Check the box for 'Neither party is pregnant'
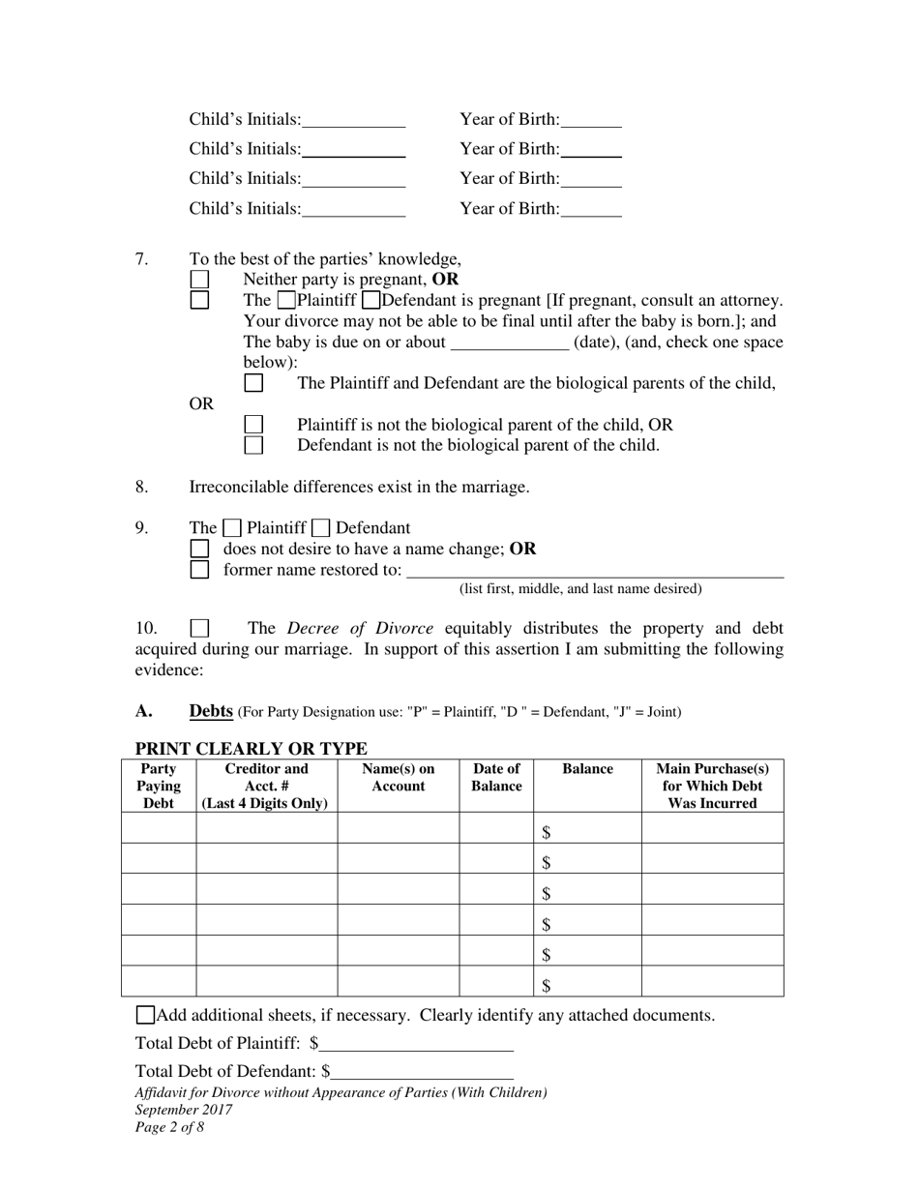click(x=199, y=280)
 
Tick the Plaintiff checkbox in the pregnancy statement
click(x=287, y=301)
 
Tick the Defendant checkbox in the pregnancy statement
click(x=370, y=301)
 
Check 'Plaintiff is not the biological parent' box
click(x=253, y=425)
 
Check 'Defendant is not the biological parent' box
click(x=253, y=445)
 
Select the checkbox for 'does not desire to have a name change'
click(x=199, y=549)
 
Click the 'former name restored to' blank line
click(x=595, y=570)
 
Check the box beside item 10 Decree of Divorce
click(x=199, y=628)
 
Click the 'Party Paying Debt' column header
click(x=159, y=786)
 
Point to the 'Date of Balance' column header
click(x=496, y=778)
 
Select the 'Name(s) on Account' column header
click(x=398, y=778)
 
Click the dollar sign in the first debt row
click(x=547, y=832)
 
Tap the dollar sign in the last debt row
click(x=547, y=986)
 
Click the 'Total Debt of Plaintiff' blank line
click(x=416, y=1044)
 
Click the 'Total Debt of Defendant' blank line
click(x=422, y=1072)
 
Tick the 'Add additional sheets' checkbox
click(x=145, y=1015)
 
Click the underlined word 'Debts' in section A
click(x=211, y=711)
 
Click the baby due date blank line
click(x=510, y=343)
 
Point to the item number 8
click(x=142, y=487)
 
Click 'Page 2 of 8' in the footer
click(x=169, y=1127)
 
